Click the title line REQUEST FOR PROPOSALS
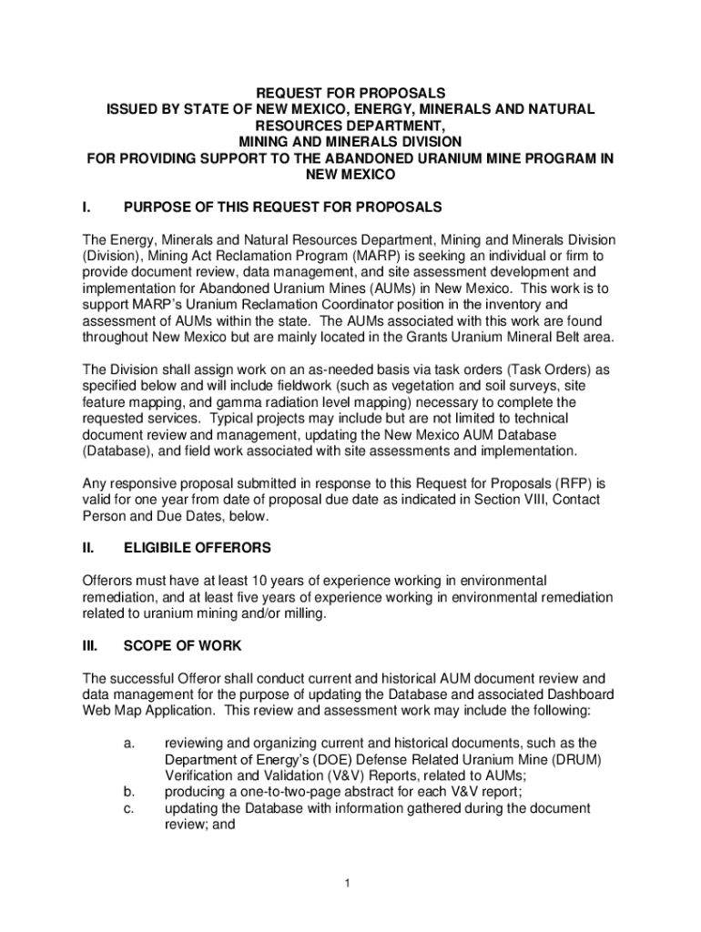[x=350, y=93]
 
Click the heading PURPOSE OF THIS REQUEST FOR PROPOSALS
[x=283, y=208]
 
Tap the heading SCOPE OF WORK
[x=182, y=645]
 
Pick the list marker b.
[x=129, y=792]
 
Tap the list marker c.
[x=129, y=808]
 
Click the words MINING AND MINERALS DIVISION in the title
[x=350, y=141]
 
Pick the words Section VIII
[x=503, y=500]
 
